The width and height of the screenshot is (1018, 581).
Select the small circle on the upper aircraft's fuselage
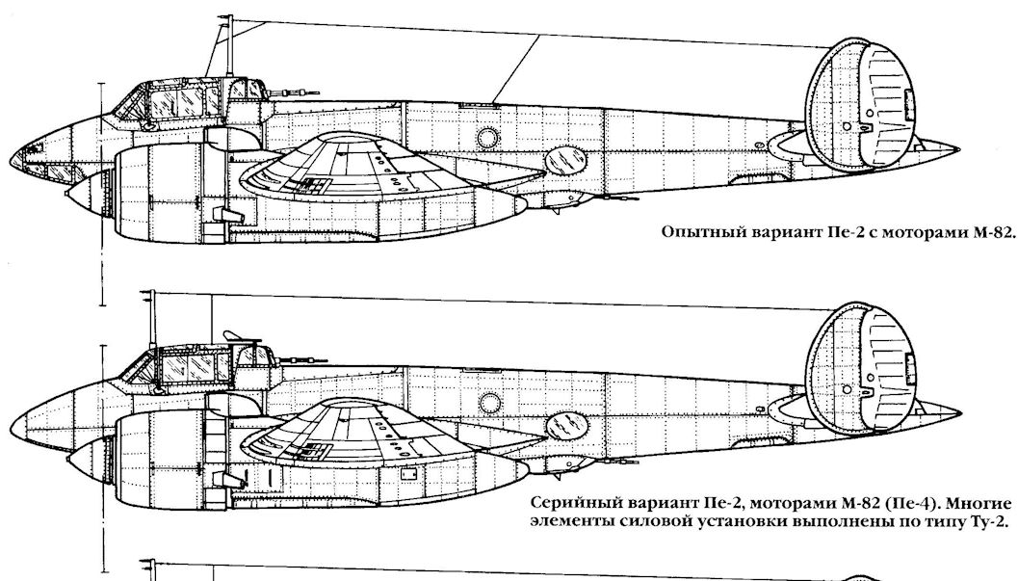coord(488,138)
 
